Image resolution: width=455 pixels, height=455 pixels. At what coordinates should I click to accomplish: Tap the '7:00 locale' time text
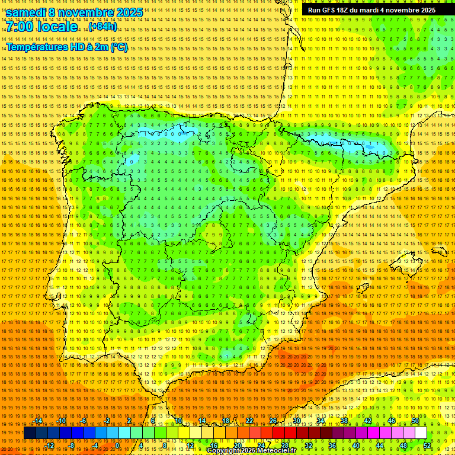coord(42,27)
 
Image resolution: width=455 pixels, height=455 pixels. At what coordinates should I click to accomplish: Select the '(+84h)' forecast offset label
coord(102,27)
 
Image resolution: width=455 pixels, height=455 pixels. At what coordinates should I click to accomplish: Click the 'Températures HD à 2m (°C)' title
coord(67,47)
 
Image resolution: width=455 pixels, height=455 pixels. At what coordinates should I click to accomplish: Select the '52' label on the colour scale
coord(427,446)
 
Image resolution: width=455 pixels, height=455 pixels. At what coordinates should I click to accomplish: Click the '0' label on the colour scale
coord(118,446)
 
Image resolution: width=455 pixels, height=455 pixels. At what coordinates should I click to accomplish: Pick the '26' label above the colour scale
coord(273,421)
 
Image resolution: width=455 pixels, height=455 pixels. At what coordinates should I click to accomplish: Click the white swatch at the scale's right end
coord(421,433)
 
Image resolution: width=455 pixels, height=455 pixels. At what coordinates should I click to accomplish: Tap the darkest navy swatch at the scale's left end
coord(30,433)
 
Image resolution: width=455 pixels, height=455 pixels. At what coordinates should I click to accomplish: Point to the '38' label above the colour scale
coord(344,421)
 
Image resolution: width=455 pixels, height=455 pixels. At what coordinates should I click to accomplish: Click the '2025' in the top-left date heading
coord(130,12)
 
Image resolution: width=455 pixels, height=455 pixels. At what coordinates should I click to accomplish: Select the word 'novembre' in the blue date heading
coord(87,12)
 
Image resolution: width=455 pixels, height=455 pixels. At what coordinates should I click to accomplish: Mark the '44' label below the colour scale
coord(380,446)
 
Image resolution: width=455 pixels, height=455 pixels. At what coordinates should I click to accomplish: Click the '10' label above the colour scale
coord(178,421)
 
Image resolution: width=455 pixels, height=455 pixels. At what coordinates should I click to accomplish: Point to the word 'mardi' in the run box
coord(376,10)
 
